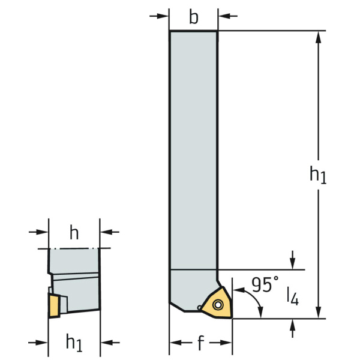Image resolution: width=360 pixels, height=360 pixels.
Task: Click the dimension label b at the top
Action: pos(194,17)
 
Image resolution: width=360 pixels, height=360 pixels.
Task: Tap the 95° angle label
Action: pos(265,284)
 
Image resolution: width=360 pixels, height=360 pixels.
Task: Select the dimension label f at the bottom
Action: pos(200,343)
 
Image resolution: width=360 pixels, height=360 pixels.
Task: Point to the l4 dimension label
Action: pos(293,296)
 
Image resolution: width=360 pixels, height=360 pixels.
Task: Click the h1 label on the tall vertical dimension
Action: pos(318,175)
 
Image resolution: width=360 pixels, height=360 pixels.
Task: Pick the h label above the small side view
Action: pos(74,233)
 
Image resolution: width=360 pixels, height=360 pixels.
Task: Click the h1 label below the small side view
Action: pos(74,343)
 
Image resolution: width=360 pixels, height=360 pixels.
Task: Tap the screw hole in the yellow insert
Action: pos(218,305)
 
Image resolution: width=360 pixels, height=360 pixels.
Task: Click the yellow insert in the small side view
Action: pos(54,305)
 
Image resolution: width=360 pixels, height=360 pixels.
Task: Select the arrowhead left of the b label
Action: pos(163,16)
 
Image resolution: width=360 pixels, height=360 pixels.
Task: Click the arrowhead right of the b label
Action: pos(224,16)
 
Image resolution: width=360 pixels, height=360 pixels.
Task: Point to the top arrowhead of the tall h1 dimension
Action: pos(318,37)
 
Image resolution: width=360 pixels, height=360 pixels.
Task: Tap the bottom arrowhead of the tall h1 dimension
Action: pos(318,312)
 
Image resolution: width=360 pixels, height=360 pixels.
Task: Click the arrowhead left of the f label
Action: pos(176,343)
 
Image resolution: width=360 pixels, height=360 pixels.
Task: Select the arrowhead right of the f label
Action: pos(226,343)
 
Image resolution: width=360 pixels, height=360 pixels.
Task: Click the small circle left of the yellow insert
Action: pos(199,307)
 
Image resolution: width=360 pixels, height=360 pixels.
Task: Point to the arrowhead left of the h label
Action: pos(42,232)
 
